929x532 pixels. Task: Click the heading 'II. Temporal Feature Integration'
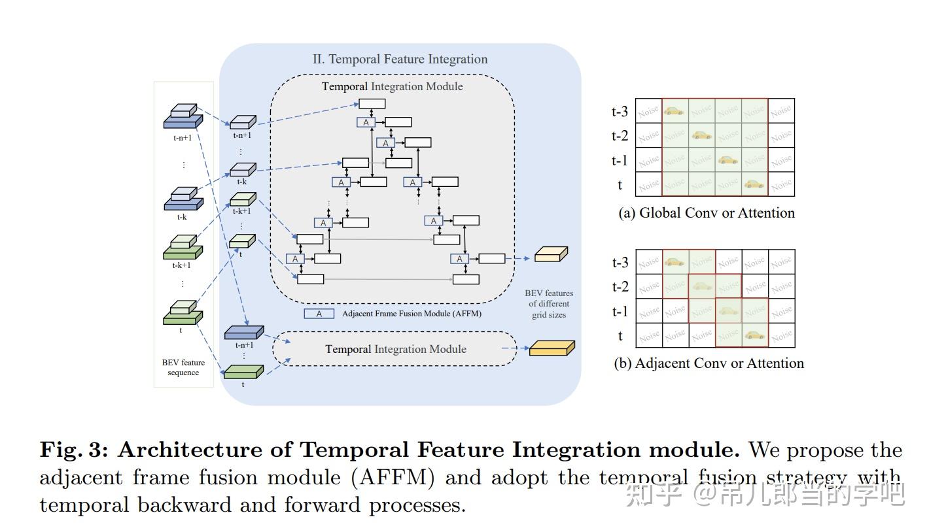click(400, 59)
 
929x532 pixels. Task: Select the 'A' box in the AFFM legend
click(319, 314)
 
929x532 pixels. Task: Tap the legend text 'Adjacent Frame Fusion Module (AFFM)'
click(412, 314)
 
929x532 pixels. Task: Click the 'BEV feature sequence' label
click(183, 367)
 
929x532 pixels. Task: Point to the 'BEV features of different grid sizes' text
click(548, 304)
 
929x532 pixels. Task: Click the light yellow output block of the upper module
click(551, 254)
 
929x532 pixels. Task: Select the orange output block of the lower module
click(552, 348)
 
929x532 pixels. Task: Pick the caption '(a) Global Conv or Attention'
click(707, 213)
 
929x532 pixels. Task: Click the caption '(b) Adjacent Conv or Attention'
click(709, 363)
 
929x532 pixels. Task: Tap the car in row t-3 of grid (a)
click(674, 111)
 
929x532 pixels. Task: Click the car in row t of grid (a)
click(754, 184)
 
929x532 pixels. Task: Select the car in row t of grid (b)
click(754, 335)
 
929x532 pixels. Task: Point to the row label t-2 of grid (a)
click(620, 136)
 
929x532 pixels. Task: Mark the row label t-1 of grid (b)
click(620, 312)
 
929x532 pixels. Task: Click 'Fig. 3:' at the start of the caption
click(75, 450)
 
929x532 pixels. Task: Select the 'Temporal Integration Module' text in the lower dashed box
click(396, 349)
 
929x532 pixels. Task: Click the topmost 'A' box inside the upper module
click(366, 122)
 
